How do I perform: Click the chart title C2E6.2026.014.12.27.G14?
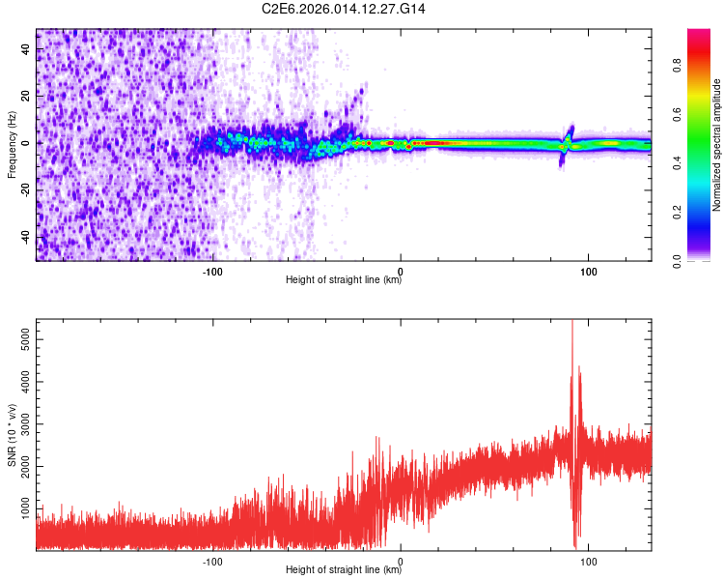tap(344, 9)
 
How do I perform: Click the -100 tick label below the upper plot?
tap(213, 271)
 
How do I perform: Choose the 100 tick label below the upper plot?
tap(588, 271)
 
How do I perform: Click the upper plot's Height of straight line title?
tap(344, 280)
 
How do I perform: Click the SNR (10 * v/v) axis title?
tap(12, 434)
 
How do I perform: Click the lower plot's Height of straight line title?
tap(344, 570)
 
